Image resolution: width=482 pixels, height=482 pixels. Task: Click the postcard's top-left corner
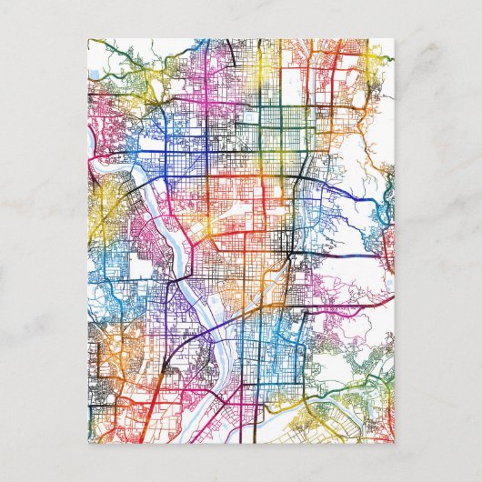click(x=87, y=39)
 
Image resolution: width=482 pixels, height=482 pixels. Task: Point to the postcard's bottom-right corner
click(x=395, y=443)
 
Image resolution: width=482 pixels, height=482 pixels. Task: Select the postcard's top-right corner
click(x=395, y=39)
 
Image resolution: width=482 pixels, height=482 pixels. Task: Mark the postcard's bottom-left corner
click(x=87, y=443)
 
